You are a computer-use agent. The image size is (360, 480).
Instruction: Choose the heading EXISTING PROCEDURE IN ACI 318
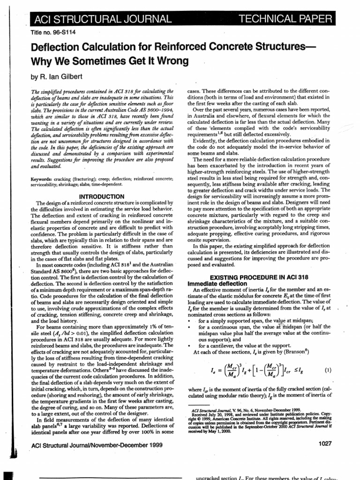259,277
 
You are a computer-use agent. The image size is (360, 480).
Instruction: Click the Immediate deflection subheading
217,284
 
